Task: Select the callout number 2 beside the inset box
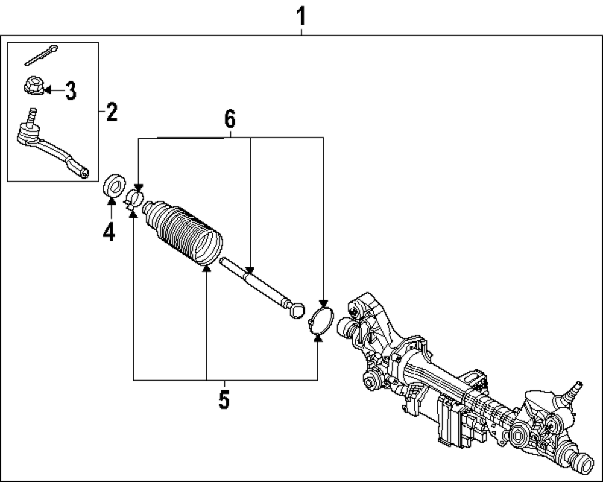[x=112, y=112]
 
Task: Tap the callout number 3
[x=71, y=91]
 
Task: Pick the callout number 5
[x=224, y=399]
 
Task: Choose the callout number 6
[x=230, y=119]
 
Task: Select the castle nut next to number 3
[x=31, y=87]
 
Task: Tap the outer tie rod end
[x=51, y=148]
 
